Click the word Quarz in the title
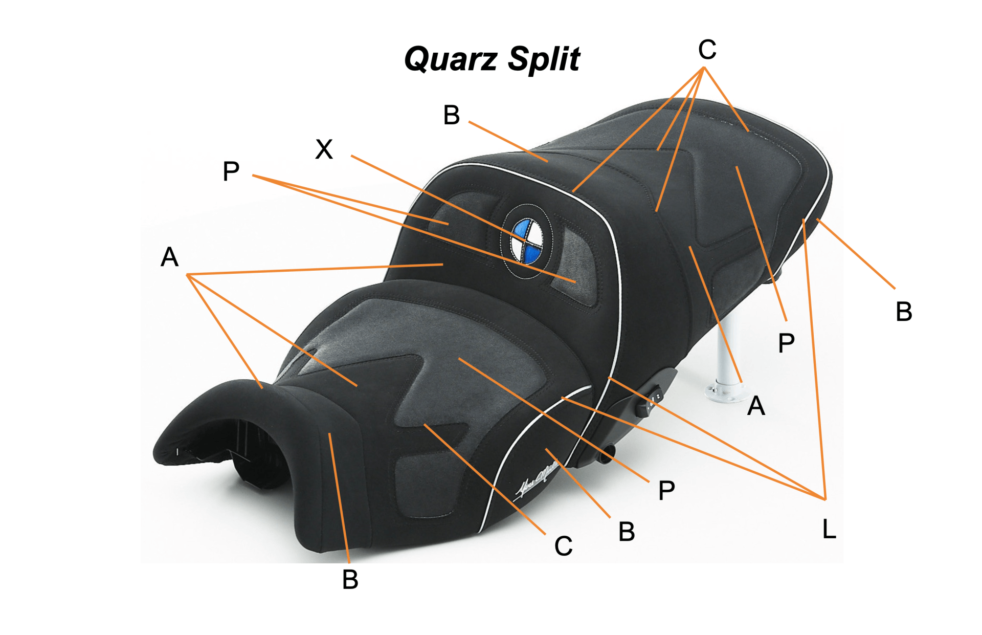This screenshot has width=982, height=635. (x=451, y=59)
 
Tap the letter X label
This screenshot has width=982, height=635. (x=324, y=149)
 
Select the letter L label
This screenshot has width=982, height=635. (x=829, y=529)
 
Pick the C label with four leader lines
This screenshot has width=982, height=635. (x=707, y=50)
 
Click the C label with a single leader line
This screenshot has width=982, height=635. (x=563, y=546)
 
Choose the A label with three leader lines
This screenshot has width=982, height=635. (x=169, y=257)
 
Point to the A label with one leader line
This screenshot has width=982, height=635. (x=756, y=406)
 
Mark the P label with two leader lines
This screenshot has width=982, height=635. (x=231, y=171)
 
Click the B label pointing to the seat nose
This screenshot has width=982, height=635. (x=350, y=580)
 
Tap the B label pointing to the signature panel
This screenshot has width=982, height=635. (x=627, y=532)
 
